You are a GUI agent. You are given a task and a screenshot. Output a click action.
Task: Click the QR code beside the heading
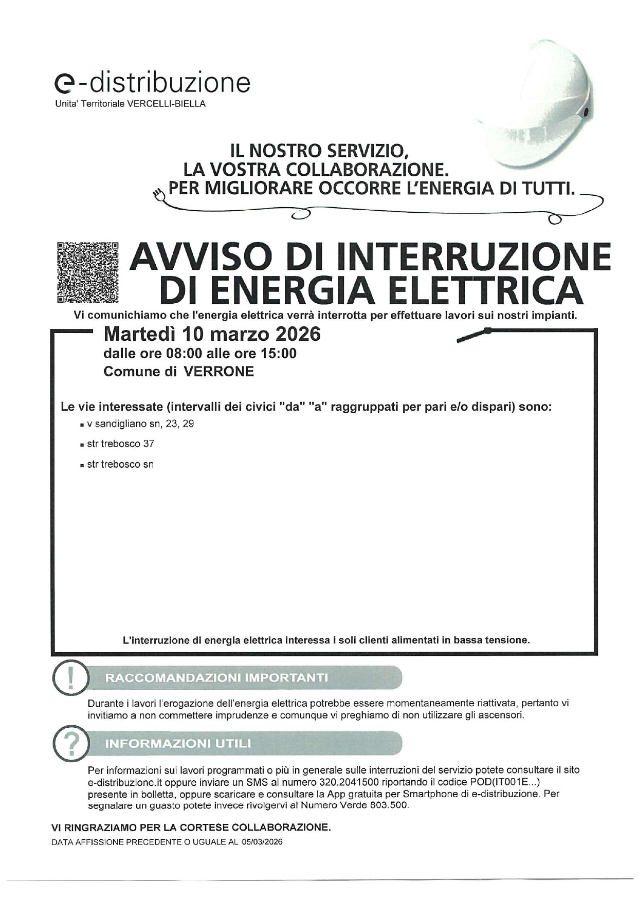88,272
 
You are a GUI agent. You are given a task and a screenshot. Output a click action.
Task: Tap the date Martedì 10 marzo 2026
212,334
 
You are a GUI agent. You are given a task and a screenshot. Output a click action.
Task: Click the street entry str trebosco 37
120,444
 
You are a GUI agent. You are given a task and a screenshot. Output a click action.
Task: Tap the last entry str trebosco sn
120,464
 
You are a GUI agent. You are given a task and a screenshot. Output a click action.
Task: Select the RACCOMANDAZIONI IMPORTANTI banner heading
216,677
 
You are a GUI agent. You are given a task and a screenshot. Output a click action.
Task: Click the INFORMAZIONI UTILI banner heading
178,743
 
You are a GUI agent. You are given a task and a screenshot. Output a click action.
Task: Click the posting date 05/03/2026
262,842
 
